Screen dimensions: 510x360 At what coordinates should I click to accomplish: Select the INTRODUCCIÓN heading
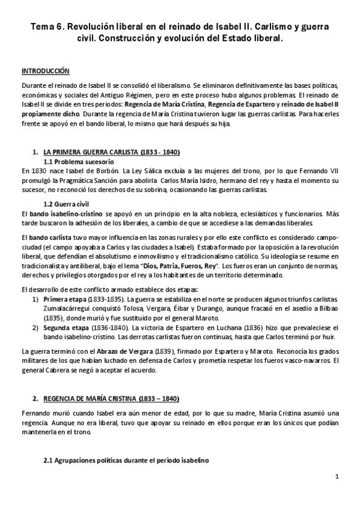(45, 70)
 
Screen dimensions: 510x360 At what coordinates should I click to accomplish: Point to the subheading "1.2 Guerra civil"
(69, 203)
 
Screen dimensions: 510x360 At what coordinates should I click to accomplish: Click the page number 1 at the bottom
(337, 477)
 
